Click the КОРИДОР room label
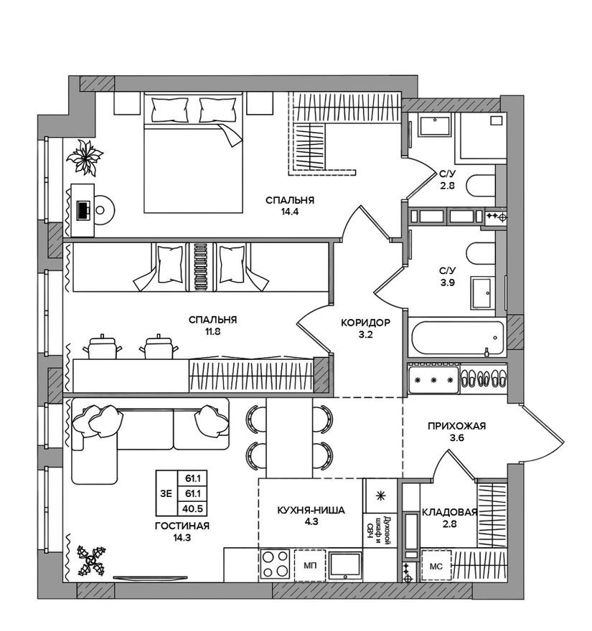tap(365, 323)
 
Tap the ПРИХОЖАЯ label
tap(456, 426)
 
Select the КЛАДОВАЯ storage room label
tap(449, 512)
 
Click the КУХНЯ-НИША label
tap(311, 511)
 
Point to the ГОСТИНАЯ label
tap(182, 526)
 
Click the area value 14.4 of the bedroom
tap(290, 212)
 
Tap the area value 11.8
tap(213, 332)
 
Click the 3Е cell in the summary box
tap(166, 493)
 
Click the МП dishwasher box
tap(310, 566)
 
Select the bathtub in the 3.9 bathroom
tap(456, 338)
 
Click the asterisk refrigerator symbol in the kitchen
tap(380, 495)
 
